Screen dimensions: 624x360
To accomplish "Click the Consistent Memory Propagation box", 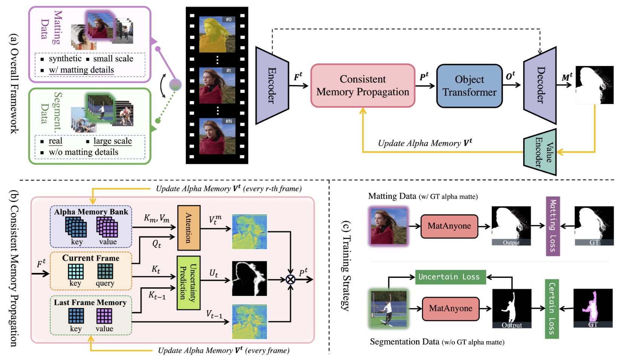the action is pyautogui.click(x=363, y=86).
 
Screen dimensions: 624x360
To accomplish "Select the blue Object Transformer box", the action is pyautogui.click(x=470, y=86).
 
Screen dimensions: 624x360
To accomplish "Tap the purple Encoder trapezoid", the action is pyautogui.click(x=272, y=85).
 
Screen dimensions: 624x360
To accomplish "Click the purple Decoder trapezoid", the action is pyautogui.click(x=540, y=85).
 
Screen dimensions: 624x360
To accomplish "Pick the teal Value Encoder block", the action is pyautogui.click(x=540, y=152).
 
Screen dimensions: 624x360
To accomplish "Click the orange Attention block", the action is pyautogui.click(x=188, y=228).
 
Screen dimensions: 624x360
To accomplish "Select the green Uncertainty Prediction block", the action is pyautogui.click(x=188, y=283).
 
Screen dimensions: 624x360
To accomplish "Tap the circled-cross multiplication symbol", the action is pyautogui.click(x=290, y=279).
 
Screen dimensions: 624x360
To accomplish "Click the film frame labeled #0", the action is pyautogui.click(x=217, y=34).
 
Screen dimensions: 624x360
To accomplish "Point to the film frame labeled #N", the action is pyautogui.click(x=217, y=136).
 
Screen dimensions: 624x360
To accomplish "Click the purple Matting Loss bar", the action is pyautogui.click(x=553, y=226).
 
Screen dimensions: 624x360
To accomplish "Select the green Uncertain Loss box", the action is pyautogui.click(x=450, y=277).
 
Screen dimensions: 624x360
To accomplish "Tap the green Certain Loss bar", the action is pyautogui.click(x=552, y=309).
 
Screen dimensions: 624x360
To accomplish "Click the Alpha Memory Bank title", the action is pyautogui.click(x=91, y=212).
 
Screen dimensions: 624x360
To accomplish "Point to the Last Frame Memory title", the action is pyautogui.click(x=90, y=302).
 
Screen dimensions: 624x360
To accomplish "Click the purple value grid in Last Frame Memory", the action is pyautogui.click(x=104, y=316).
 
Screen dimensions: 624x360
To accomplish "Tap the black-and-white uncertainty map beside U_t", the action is pyautogui.click(x=249, y=278).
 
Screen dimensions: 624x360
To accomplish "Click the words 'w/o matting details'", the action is pyautogui.click(x=84, y=152).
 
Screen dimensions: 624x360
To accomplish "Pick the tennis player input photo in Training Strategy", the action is pyautogui.click(x=388, y=308).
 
